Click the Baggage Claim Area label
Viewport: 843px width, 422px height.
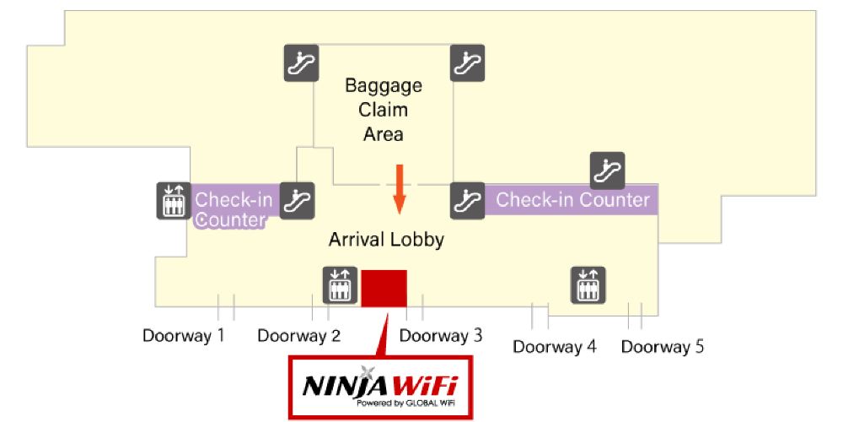pos(384,110)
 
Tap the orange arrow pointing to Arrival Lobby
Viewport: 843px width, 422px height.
pos(400,190)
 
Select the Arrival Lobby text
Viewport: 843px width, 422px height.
pos(387,240)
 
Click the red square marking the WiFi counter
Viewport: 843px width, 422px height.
pos(384,288)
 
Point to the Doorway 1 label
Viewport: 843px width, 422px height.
pos(184,336)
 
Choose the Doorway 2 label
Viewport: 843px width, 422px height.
pos(299,336)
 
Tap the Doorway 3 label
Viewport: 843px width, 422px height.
pos(441,336)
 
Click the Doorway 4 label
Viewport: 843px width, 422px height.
pos(555,346)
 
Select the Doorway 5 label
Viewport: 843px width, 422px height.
pos(663,346)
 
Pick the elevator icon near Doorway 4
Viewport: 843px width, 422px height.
pos(588,284)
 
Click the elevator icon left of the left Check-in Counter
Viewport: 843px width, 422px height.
pos(173,201)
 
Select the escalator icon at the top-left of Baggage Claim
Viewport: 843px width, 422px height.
pos(300,62)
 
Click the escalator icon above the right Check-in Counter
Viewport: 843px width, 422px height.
pos(607,170)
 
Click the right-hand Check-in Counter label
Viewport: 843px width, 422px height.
pos(573,200)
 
